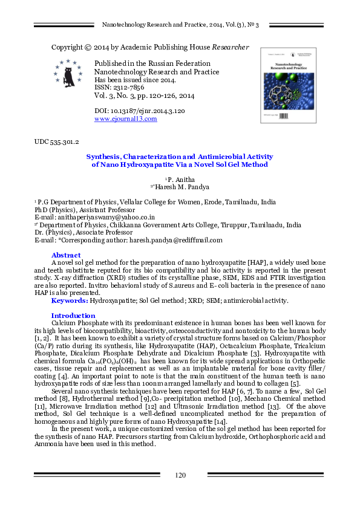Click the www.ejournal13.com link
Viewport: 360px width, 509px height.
tap(126, 119)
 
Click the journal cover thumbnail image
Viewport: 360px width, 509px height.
tap(289, 85)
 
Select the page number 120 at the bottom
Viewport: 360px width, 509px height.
tap(180, 475)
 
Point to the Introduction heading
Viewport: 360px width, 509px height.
tap(73, 316)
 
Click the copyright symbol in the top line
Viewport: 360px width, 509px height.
tap(89, 47)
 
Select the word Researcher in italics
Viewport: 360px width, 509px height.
tap(229, 47)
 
